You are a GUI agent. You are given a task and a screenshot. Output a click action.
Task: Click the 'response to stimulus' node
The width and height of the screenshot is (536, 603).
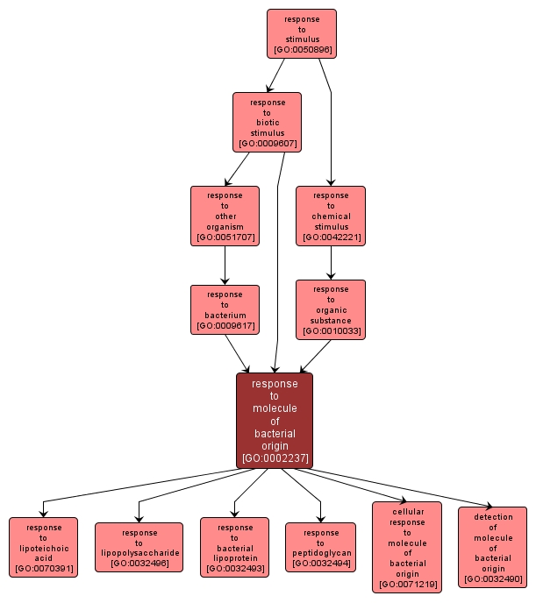(302, 34)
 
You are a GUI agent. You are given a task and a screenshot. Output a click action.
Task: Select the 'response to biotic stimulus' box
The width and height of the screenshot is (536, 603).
(267, 122)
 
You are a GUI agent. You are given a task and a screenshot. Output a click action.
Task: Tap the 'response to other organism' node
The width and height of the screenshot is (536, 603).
(225, 216)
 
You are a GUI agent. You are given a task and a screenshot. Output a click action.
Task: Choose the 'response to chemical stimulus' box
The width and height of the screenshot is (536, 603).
(331, 216)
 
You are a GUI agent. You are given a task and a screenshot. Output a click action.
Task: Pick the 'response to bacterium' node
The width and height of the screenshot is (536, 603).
(225, 309)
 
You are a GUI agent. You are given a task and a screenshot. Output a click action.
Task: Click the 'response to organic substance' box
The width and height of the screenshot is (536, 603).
(331, 309)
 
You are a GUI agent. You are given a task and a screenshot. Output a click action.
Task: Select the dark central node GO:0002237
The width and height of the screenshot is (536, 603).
(275, 420)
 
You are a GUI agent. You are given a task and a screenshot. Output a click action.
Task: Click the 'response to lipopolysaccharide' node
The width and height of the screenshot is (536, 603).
(139, 547)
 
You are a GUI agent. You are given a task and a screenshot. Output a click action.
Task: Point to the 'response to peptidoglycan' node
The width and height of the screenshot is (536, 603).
(321, 547)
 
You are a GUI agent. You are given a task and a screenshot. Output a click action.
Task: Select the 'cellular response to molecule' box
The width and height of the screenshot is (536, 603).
(407, 547)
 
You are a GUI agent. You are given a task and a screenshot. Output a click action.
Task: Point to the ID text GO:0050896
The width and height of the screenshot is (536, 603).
(302, 50)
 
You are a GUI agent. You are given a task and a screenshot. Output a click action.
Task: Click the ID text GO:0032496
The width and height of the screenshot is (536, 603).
(139, 564)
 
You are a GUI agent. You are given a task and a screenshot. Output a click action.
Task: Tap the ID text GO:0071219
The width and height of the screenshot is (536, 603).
(407, 584)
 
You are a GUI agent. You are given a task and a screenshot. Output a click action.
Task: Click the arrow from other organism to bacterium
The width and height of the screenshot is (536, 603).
(225, 265)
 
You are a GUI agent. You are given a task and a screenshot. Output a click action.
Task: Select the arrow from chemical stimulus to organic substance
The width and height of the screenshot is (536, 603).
(331, 261)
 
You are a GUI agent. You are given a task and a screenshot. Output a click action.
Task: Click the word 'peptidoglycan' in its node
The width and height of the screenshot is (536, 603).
(321, 553)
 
